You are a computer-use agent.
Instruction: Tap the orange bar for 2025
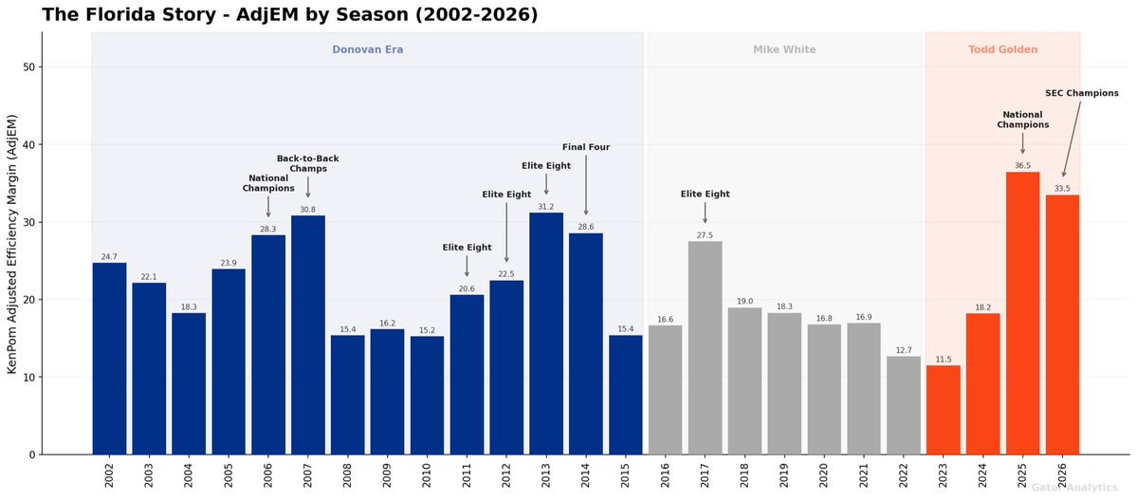1022,313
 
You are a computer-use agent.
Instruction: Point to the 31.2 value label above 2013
546,206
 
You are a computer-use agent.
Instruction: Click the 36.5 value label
1022,165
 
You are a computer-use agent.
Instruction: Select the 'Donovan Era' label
367,49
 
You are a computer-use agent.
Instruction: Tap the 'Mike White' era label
784,49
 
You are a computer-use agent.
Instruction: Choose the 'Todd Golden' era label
1002,49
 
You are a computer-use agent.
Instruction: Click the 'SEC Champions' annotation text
1081,93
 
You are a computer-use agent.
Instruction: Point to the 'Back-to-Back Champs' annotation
307,163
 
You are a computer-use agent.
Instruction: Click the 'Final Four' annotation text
586,147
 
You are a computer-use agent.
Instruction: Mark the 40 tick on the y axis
28,145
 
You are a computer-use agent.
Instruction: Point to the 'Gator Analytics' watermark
1073,487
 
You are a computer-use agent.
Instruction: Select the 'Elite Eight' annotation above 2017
705,194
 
